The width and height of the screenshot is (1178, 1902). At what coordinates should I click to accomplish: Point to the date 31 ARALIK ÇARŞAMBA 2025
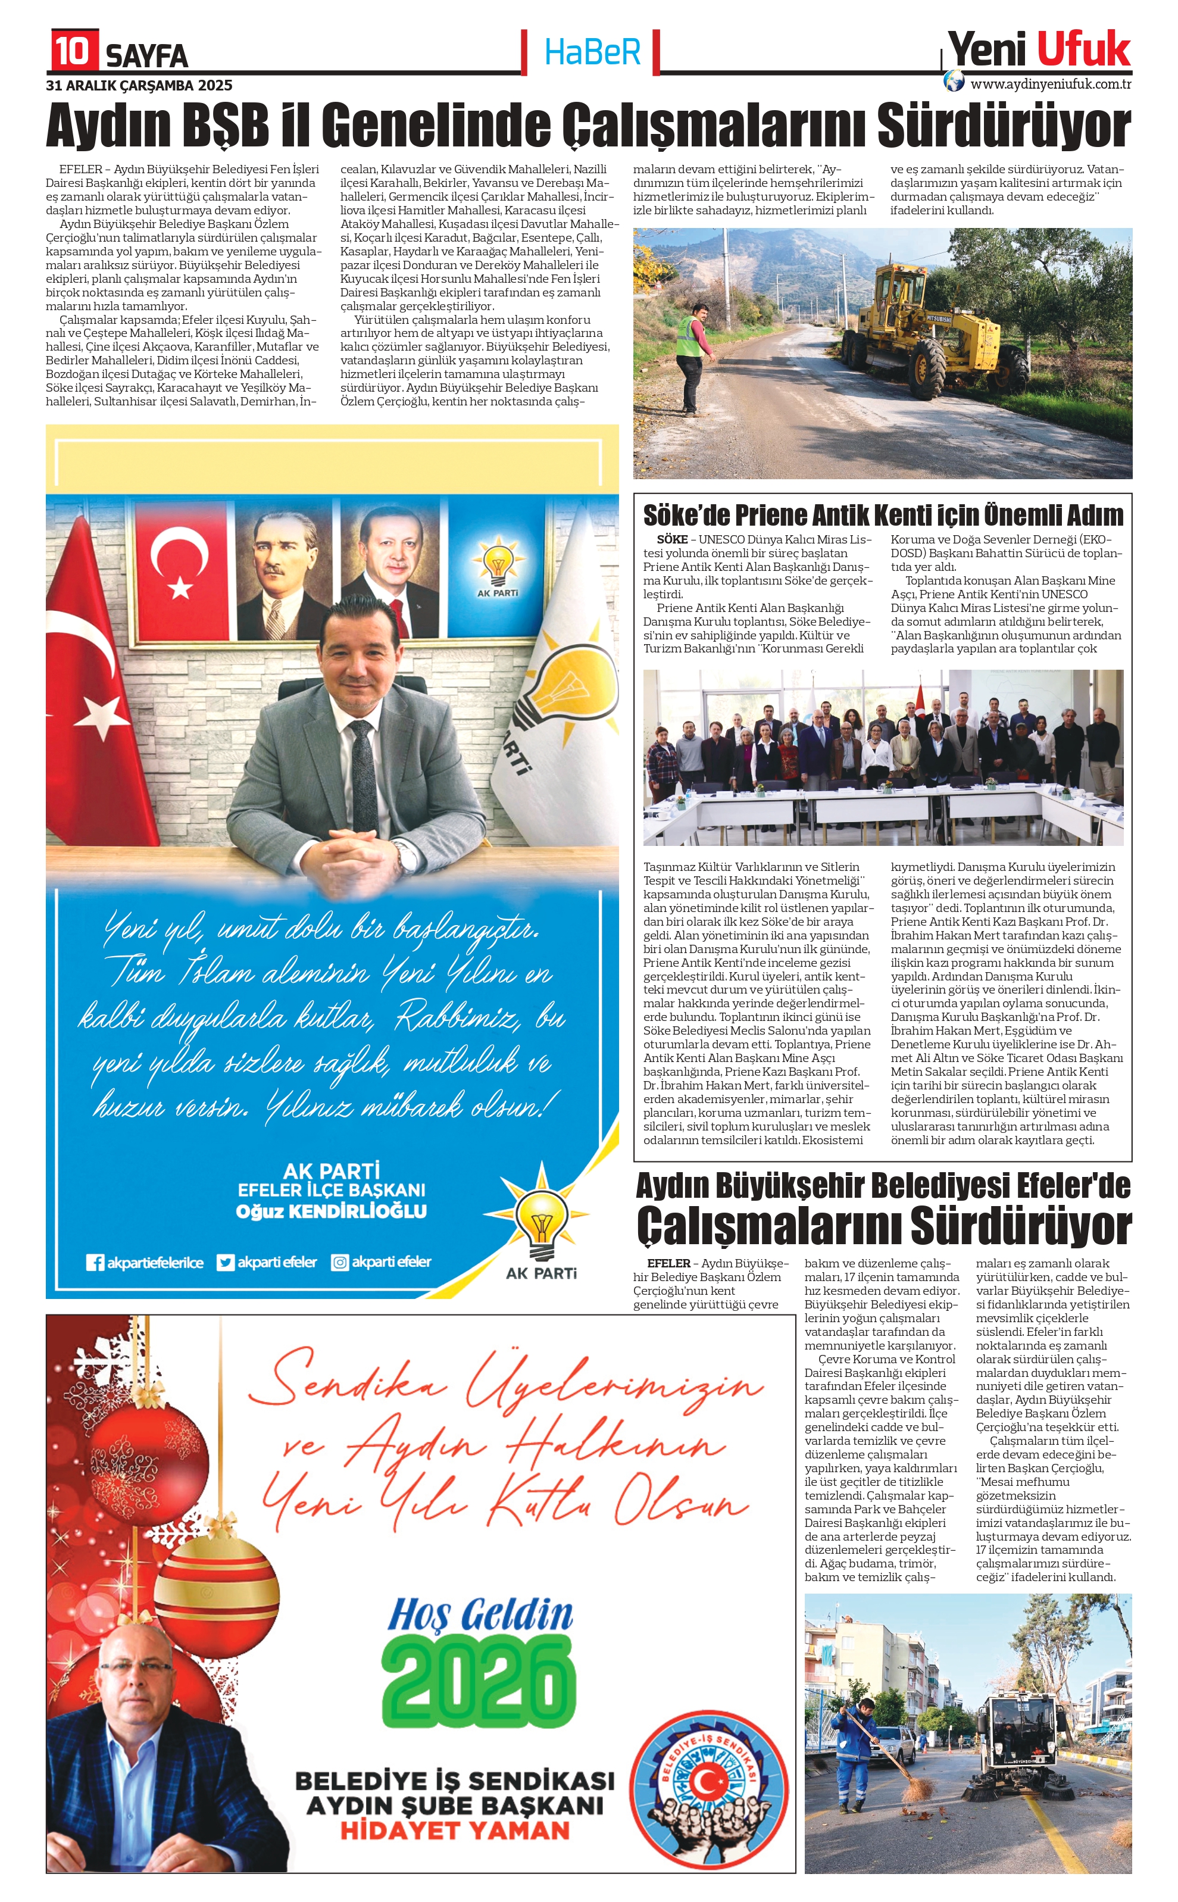pos(139,86)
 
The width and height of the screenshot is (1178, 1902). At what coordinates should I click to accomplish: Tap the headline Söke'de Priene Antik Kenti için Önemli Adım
pos(883,516)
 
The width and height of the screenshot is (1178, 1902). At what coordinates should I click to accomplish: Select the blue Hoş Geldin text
pos(480,1612)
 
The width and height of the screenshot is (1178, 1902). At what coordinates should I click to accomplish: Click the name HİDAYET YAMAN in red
pos(455,1831)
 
